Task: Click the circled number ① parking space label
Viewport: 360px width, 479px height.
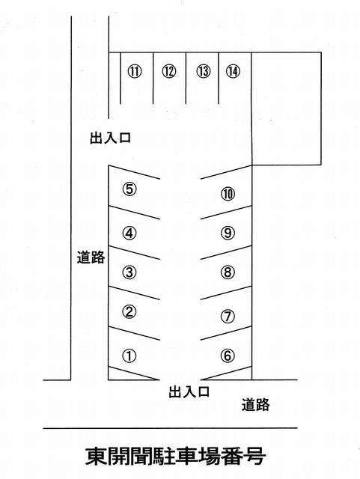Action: pos(129,356)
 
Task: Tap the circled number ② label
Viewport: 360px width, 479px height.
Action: pos(129,312)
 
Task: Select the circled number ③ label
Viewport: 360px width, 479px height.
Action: pos(129,272)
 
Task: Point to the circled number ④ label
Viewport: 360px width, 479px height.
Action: pos(129,234)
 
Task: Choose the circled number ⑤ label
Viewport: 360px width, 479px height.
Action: pos(129,189)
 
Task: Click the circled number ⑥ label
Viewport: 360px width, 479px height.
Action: pos(228,356)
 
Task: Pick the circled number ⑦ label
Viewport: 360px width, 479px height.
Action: pos(228,317)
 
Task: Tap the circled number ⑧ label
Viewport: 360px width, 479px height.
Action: pos(228,272)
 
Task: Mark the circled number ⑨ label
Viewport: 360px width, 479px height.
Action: pos(228,234)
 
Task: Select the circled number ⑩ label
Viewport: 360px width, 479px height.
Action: pos(228,194)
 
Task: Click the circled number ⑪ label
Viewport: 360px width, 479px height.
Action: pos(135,72)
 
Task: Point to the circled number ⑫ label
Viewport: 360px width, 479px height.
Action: pos(169,72)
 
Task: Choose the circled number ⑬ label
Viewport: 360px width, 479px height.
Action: pos(204,72)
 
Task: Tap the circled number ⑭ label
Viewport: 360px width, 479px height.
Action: pos(233,72)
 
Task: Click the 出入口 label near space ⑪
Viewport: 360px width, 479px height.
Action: pos(110,138)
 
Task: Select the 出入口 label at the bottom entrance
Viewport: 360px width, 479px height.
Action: pos(189,391)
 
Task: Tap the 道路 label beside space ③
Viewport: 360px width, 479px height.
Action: pos(91,257)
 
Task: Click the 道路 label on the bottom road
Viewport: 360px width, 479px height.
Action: pos(256,405)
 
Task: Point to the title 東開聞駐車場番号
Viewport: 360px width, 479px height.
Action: pos(176,457)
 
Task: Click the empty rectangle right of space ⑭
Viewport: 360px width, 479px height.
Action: pos(287,109)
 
